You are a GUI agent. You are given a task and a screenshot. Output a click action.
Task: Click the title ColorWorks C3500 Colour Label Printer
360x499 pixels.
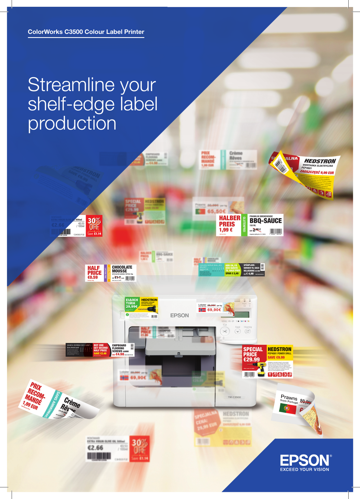pos(86,32)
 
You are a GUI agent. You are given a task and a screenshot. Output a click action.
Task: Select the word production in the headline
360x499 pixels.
pos(72,124)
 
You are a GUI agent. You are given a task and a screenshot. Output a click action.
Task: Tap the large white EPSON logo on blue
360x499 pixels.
pos(305,460)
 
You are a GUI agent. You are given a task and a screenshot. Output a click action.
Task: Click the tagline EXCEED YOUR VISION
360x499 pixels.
pos(304,469)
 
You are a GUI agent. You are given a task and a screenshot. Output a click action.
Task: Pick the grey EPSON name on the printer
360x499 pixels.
pos(179,316)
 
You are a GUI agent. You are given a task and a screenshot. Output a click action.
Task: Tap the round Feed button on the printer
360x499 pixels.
pos(238,331)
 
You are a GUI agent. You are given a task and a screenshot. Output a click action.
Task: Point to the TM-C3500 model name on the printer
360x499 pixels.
pos(234,397)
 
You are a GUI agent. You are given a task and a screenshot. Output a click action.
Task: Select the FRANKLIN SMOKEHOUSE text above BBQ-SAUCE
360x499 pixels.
pos(261,216)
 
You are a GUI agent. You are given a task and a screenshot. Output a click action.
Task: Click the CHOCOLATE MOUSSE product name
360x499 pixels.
pos(122,269)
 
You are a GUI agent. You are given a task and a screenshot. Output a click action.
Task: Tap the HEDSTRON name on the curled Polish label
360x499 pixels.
pos(320,161)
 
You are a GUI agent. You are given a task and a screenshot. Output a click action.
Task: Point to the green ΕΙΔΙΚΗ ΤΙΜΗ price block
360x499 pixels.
pos(132,303)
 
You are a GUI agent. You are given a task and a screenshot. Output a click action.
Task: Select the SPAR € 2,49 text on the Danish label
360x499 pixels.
pos(232,273)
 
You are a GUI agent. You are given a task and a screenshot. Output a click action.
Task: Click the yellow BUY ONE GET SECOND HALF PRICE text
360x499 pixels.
pos(101,349)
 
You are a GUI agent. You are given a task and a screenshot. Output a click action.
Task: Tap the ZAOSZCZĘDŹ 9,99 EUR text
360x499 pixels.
pos(317,172)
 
